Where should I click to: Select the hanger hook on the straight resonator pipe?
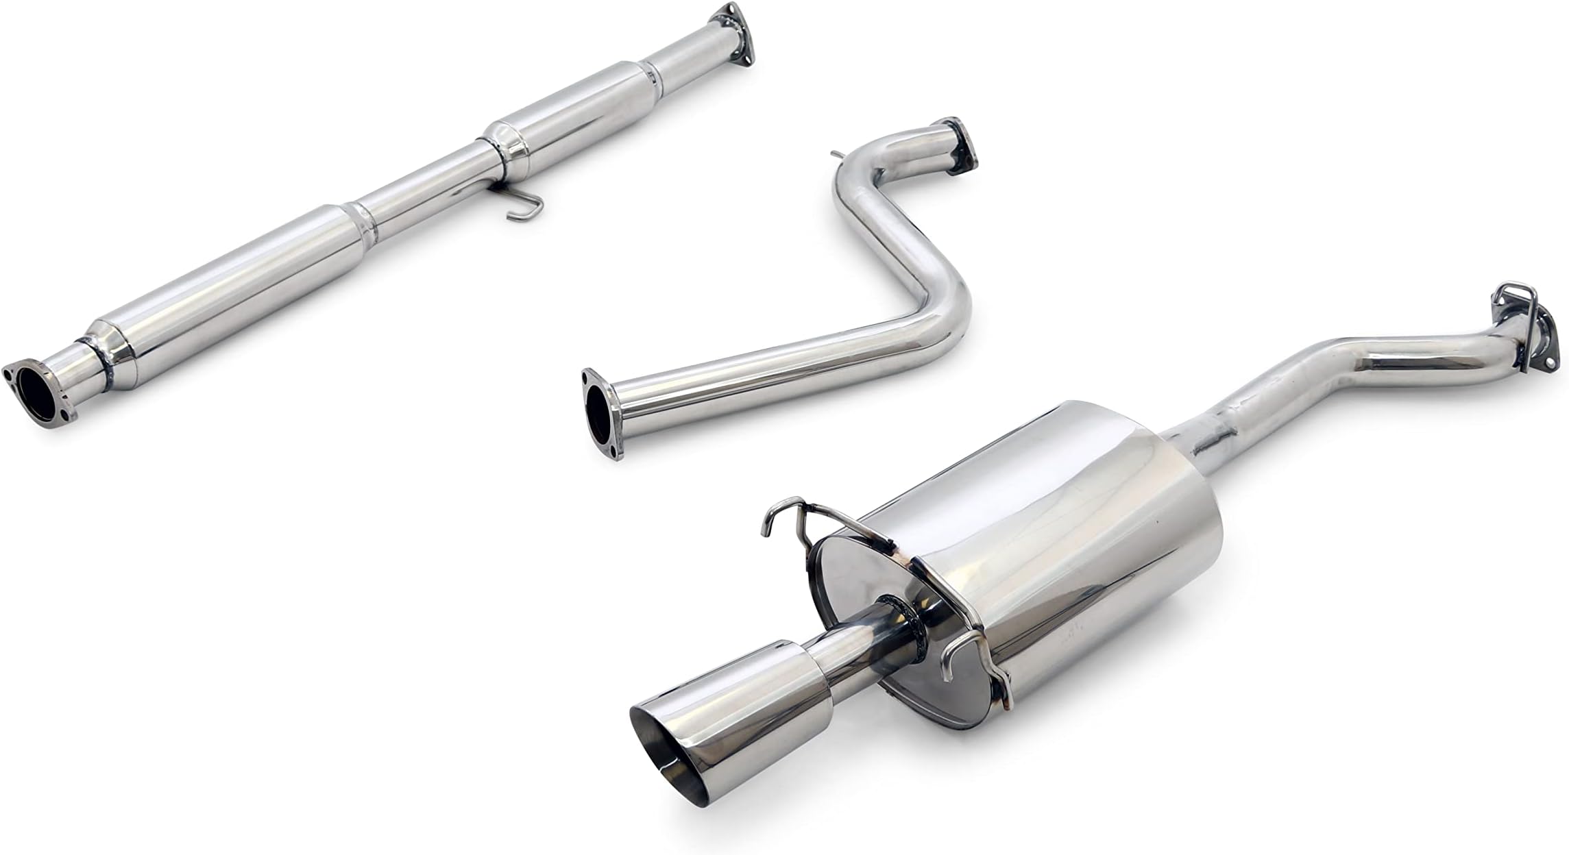[x=524, y=208]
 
